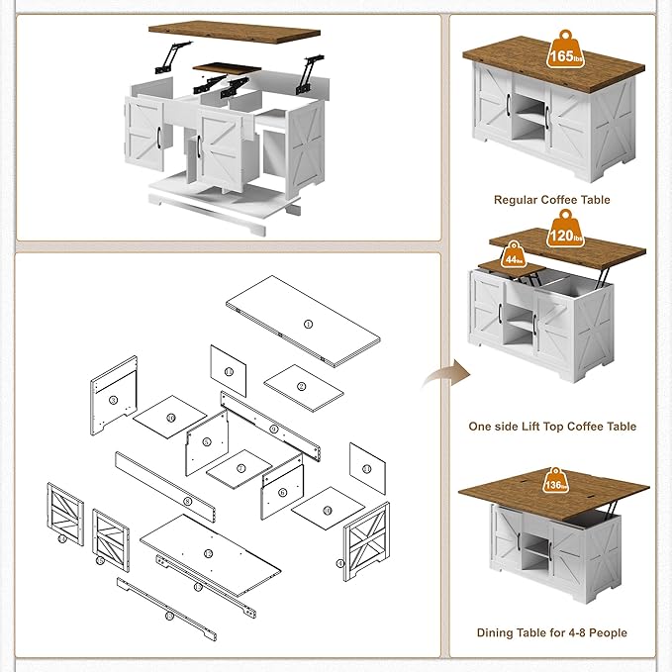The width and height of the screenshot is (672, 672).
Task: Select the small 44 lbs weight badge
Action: [513, 260]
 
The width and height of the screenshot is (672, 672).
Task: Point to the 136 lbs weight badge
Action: [556, 485]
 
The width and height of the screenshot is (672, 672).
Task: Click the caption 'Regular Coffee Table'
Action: [552, 200]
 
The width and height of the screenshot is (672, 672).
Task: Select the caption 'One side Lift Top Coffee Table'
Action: [552, 427]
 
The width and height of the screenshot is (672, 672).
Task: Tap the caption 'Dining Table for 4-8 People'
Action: [552, 632]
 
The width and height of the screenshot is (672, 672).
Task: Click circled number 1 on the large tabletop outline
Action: [307, 324]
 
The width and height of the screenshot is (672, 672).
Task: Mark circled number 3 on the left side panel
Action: [114, 400]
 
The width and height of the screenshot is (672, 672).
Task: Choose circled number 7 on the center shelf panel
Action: [240, 468]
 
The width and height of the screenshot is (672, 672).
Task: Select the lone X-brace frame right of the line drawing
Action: [364, 538]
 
